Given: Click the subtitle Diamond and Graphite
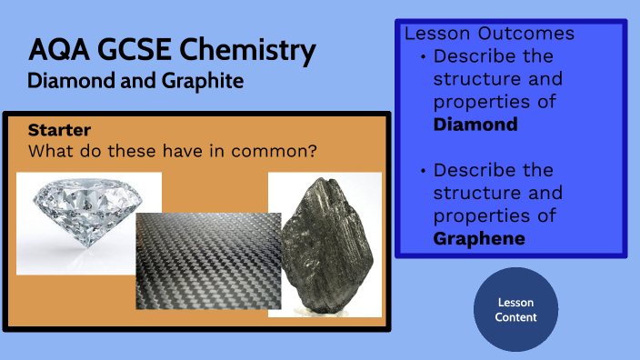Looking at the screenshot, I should coord(135,81).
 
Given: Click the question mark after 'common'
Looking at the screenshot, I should coord(311,150).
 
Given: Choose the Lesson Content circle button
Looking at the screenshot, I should coord(515,309).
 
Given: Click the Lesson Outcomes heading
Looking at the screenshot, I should coord(489,34).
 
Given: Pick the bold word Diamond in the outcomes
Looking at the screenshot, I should coord(475,124).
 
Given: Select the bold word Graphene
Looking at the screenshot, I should coord(478,238).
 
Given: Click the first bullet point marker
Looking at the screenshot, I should coord(423,56).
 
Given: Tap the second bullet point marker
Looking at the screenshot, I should coord(423,170).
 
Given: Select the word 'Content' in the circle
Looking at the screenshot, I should coord(515,317).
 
